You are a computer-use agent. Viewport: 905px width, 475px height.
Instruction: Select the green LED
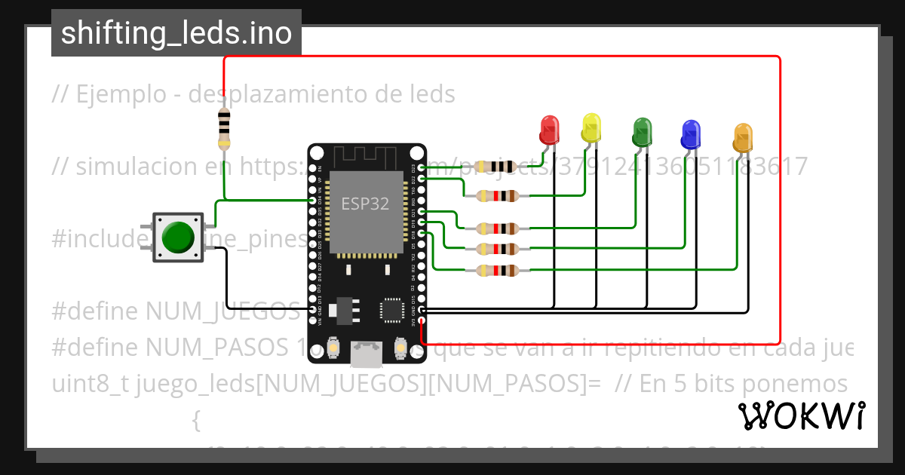642,132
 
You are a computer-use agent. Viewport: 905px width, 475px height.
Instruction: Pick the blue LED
690,134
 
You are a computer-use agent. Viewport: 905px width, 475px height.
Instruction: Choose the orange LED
743,139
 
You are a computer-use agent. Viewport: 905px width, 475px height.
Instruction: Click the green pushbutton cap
178,237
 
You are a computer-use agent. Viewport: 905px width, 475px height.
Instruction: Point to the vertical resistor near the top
224,127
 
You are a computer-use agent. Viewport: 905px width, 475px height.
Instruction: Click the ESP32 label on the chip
365,204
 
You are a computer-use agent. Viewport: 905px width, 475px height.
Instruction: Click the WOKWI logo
801,415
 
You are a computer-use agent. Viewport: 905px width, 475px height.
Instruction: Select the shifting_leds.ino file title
176,33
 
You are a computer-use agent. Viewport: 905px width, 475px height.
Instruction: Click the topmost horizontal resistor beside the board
497,167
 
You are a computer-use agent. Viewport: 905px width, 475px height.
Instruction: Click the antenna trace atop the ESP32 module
366,158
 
